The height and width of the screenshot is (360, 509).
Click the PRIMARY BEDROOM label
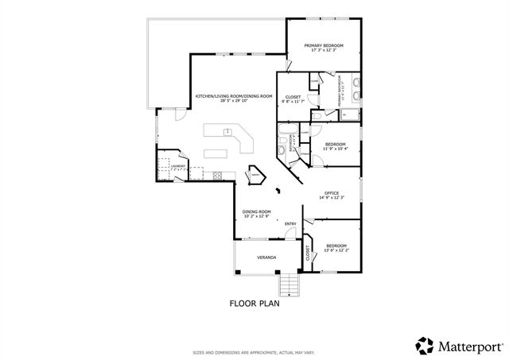point(324,46)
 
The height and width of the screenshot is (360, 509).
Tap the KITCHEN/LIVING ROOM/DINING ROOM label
point(234,96)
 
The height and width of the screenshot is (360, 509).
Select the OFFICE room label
point(331,192)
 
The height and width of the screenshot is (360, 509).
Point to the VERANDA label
point(266,258)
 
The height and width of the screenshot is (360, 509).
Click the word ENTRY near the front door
point(290,223)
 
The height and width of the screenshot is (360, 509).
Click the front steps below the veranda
point(288,285)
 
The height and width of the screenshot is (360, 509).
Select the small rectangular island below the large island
point(217,153)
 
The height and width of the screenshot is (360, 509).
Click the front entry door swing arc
point(292,234)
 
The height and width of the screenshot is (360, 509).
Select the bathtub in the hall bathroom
point(282,146)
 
